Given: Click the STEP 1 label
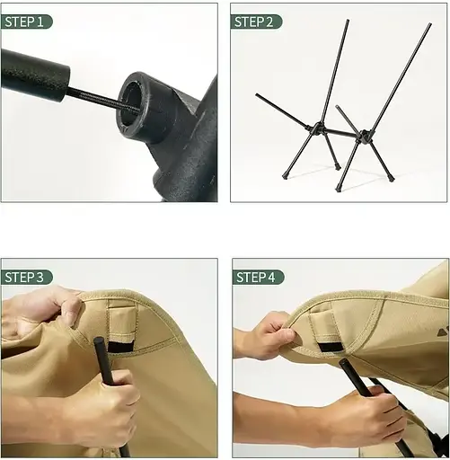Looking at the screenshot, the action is point(24,22).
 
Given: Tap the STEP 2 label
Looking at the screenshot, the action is point(254,22).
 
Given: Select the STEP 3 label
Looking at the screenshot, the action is point(24,277).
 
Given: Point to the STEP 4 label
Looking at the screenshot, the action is point(256,277).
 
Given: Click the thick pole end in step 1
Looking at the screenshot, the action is point(35,75).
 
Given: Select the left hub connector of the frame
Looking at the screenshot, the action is point(317,128).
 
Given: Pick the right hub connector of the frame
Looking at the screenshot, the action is point(364,136).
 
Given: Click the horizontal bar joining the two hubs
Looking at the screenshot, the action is point(340,132).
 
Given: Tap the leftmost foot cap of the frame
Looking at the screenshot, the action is point(285,176).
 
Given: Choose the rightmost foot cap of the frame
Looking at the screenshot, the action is point(391,178).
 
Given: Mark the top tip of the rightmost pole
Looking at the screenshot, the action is point(430,23).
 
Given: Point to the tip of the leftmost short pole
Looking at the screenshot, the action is point(257,95).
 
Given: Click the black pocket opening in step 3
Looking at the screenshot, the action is point(120,347).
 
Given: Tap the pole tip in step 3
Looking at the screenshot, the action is point(99,341).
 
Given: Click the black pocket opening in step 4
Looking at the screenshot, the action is point(331,347).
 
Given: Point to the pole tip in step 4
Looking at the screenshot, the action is point(343,363).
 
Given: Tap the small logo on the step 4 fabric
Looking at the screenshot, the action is point(444,332).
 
